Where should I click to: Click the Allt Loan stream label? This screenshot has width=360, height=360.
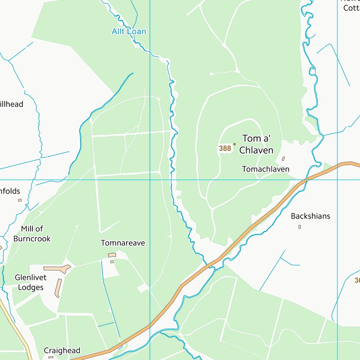point(129,31)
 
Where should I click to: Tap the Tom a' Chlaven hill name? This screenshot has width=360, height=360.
point(256,144)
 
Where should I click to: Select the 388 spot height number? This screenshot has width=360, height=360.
point(225,148)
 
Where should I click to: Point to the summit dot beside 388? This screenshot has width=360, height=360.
point(235,144)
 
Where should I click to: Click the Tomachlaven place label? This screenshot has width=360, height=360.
point(266,169)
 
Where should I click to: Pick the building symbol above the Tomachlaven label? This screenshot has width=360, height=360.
point(283,158)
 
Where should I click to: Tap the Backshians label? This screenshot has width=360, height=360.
point(310,216)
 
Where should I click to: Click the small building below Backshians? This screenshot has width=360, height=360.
point(300,227)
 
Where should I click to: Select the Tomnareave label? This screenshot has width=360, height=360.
point(123,243)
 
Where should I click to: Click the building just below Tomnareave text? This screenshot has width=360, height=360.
point(112,255)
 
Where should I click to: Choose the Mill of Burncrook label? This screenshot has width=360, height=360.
point(32,233)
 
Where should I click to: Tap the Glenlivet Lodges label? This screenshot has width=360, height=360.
point(29,282)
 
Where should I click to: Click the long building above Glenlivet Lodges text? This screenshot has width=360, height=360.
point(57,269)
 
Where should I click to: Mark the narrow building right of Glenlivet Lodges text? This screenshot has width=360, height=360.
point(58,288)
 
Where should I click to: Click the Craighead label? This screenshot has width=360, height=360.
point(62,350)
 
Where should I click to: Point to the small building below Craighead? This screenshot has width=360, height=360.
point(51,357)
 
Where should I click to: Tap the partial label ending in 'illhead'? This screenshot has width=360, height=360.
point(11,104)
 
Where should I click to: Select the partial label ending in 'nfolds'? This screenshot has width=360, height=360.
point(10,191)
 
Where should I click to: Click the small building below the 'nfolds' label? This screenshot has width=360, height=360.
point(20,200)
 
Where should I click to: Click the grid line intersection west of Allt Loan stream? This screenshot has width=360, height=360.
point(150,180)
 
